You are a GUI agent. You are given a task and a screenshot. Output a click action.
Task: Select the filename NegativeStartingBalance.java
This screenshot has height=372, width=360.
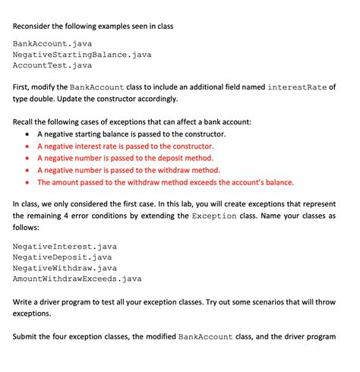pyautogui.click(x=82, y=55)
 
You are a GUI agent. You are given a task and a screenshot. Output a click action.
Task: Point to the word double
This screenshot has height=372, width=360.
pyautogui.click(x=52, y=99)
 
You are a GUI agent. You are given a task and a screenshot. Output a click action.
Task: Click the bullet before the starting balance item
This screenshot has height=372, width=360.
pyautogui.click(x=28, y=134)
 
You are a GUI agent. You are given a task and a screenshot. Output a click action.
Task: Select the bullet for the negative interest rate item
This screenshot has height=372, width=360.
pyautogui.click(x=28, y=147)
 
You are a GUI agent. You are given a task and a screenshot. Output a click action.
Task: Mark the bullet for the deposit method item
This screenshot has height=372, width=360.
pyautogui.click(x=28, y=159)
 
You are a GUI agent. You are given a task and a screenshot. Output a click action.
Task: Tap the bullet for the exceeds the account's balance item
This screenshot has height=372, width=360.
pyautogui.click(x=28, y=182)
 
